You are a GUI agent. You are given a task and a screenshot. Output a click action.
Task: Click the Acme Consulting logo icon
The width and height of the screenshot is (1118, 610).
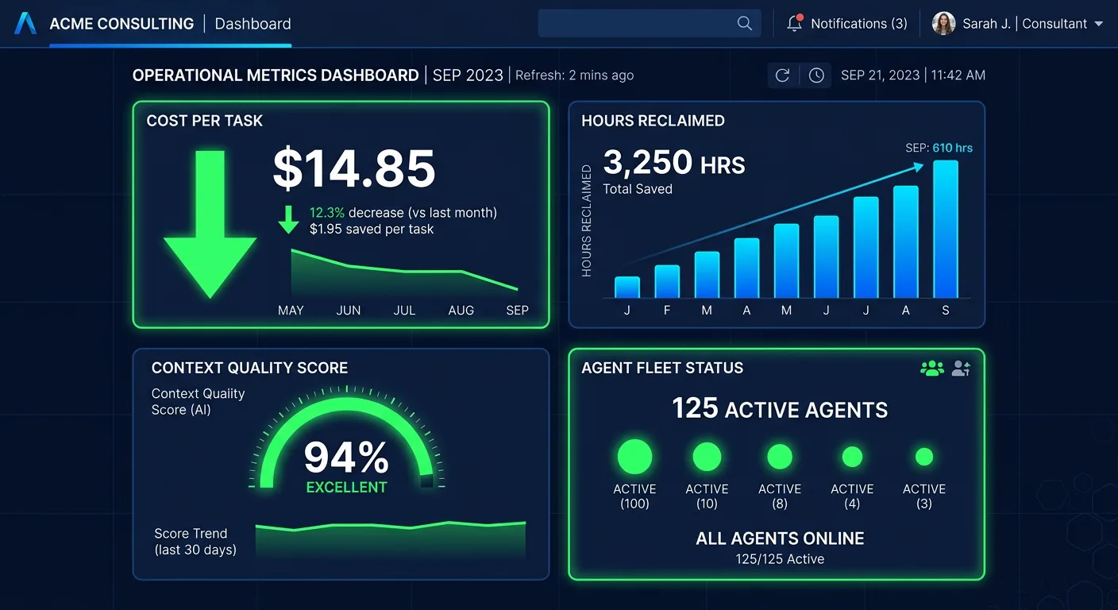tap(25, 24)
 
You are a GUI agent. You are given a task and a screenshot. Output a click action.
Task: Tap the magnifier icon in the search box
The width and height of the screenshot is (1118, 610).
tap(744, 24)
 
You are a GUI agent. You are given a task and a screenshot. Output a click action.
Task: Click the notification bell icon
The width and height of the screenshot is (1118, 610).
tap(794, 24)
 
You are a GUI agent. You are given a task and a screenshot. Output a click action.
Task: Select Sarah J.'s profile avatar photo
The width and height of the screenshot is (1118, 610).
tap(943, 24)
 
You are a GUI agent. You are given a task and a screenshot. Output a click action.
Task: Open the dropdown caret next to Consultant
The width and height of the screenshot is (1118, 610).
tap(1099, 24)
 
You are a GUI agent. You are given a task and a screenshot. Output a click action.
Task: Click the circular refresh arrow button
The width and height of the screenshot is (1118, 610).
tap(782, 75)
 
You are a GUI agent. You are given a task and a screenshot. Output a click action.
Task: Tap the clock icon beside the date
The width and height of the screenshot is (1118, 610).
tap(816, 75)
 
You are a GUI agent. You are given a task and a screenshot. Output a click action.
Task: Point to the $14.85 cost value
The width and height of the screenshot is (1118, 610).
tap(354, 168)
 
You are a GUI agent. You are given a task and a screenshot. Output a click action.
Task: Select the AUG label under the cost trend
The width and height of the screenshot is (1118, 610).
tap(461, 311)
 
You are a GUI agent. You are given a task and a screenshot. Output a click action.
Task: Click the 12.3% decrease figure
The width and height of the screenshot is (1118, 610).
tap(326, 213)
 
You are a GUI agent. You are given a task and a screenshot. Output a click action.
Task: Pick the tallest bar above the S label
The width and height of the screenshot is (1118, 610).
tap(945, 229)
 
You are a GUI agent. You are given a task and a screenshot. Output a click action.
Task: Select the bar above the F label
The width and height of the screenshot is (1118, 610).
tap(667, 281)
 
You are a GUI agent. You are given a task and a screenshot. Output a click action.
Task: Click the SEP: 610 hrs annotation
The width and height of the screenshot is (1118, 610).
tap(939, 148)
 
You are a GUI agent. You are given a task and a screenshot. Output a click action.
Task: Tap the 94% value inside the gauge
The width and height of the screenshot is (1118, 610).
tap(346, 457)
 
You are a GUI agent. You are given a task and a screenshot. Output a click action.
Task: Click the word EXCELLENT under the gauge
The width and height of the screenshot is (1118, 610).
tap(346, 487)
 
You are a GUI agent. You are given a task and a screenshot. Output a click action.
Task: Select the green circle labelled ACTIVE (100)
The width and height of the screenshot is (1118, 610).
tap(634, 457)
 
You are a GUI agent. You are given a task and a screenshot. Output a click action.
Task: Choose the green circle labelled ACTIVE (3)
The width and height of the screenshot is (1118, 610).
tap(924, 457)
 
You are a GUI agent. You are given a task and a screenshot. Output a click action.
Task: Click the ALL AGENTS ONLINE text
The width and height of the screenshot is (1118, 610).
tap(780, 539)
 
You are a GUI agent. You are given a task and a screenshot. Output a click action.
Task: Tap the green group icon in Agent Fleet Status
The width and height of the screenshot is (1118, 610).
tap(931, 369)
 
